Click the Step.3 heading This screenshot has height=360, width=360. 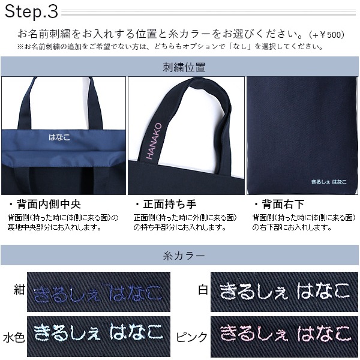(x=31, y=11)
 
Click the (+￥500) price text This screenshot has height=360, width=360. (x=327, y=35)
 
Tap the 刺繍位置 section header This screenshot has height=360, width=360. (x=184, y=67)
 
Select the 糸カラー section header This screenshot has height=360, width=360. (x=184, y=256)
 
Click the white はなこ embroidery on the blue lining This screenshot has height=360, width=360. (x=59, y=137)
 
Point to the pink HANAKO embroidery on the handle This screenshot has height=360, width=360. (x=154, y=141)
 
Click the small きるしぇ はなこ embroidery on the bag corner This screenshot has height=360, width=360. (x=329, y=182)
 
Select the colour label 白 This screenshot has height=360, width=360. (x=203, y=290)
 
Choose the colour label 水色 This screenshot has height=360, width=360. (x=14, y=337)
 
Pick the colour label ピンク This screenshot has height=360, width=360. (x=192, y=337)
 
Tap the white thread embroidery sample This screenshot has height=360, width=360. (x=284, y=292)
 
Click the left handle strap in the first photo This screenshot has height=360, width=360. (x=33, y=103)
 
